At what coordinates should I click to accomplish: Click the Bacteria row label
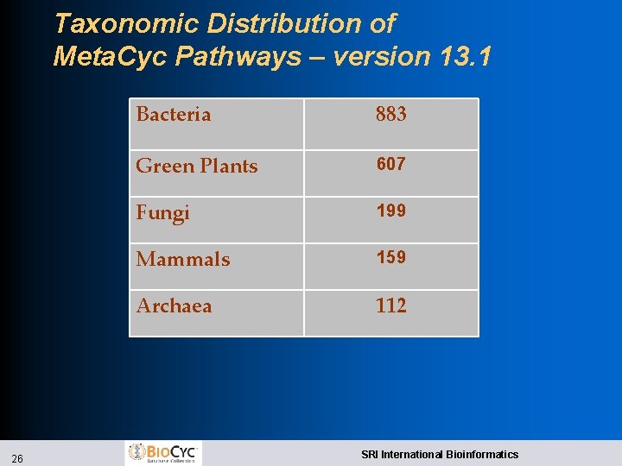174,114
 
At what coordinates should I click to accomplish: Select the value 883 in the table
390,114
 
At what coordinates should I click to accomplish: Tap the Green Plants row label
197,166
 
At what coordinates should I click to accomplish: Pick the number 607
390,164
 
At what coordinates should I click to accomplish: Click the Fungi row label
162,212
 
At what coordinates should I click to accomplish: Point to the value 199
390,211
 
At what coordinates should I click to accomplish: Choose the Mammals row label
183,259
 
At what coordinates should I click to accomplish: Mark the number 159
390,257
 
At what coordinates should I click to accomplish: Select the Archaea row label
174,305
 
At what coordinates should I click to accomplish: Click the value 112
390,305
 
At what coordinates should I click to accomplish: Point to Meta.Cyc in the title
110,57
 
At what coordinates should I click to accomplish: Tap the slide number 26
17,458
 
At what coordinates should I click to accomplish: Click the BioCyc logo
163,452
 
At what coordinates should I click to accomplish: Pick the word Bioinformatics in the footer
481,454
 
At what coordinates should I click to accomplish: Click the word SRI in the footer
369,454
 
